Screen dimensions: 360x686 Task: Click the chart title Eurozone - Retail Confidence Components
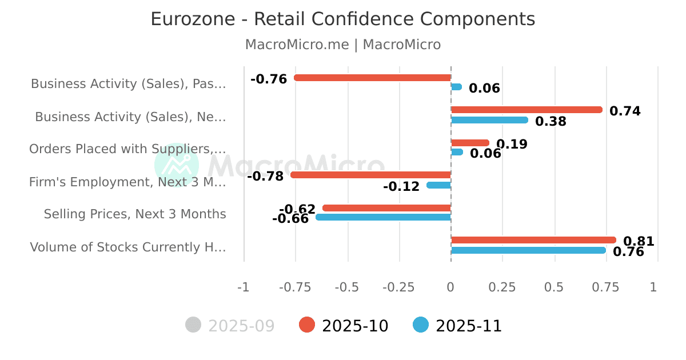[343, 19]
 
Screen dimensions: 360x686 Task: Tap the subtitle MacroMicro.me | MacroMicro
[343, 45]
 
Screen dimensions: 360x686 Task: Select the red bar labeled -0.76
[372, 78]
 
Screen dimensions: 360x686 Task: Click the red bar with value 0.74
[527, 110]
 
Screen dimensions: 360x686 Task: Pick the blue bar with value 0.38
[489, 120]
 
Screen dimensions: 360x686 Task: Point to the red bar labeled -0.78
[370, 175]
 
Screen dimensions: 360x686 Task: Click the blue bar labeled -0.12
[439, 185]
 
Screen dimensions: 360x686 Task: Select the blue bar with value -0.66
[383, 217]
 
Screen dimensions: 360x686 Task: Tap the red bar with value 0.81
[533, 240]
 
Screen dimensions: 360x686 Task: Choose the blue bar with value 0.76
[528, 250]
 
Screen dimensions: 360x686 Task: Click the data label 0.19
[512, 145]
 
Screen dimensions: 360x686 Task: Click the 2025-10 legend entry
[344, 326]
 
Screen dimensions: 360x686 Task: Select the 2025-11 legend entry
[457, 326]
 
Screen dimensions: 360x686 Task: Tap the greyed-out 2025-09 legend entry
[230, 326]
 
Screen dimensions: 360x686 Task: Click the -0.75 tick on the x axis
[296, 287]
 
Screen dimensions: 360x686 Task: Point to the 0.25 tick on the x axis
[502, 287]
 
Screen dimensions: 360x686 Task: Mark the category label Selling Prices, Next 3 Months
[135, 214]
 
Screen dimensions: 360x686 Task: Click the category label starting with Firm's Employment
[127, 182]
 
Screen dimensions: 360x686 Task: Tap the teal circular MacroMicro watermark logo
[177, 165]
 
